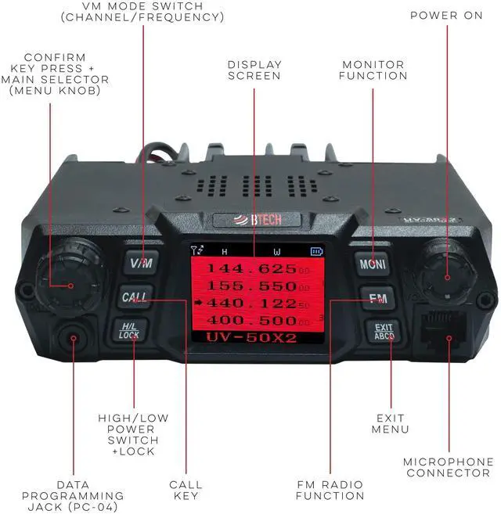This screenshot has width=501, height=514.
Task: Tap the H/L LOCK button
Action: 129,331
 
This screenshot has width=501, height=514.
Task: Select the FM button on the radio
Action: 373,297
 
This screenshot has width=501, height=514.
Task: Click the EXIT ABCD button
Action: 383,332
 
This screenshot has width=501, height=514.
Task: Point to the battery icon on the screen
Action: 316,251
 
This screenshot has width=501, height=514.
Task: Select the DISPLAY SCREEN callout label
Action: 254,70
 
